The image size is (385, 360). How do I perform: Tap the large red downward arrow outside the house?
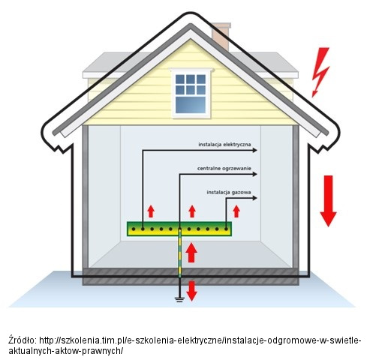329,201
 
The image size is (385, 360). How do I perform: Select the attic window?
191,93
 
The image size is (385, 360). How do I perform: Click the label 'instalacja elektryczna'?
224,145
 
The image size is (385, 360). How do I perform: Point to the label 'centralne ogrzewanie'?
224,169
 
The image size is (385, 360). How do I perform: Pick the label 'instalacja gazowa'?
229,192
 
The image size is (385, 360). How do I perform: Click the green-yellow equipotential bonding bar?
179,229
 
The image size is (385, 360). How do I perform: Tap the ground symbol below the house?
179,299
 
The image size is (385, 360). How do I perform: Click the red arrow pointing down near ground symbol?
192,291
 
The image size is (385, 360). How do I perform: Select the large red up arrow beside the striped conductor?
191,253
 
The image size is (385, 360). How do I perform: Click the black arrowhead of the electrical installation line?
254,150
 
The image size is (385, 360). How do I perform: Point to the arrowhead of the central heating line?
254,174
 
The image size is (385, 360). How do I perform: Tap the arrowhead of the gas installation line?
254,198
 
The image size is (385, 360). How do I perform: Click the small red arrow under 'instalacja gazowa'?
236,211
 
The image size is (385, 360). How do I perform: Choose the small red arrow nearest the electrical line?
151,211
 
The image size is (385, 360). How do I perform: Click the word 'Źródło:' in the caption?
23,340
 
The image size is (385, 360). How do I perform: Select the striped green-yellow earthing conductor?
179,253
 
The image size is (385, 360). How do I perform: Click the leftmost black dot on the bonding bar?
134,229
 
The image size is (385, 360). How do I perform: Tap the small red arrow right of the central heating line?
192,211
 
